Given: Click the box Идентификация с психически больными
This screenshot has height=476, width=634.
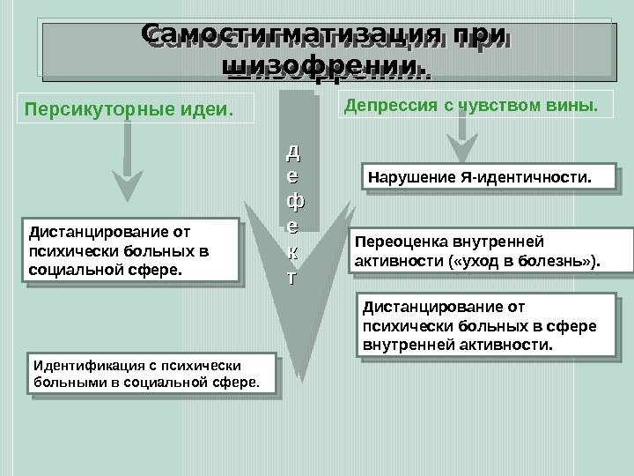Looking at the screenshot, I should (152, 374).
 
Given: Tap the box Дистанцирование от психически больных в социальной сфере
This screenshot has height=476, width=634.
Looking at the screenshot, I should (132, 249).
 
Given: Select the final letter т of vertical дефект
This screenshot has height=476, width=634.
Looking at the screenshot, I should (295, 277).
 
